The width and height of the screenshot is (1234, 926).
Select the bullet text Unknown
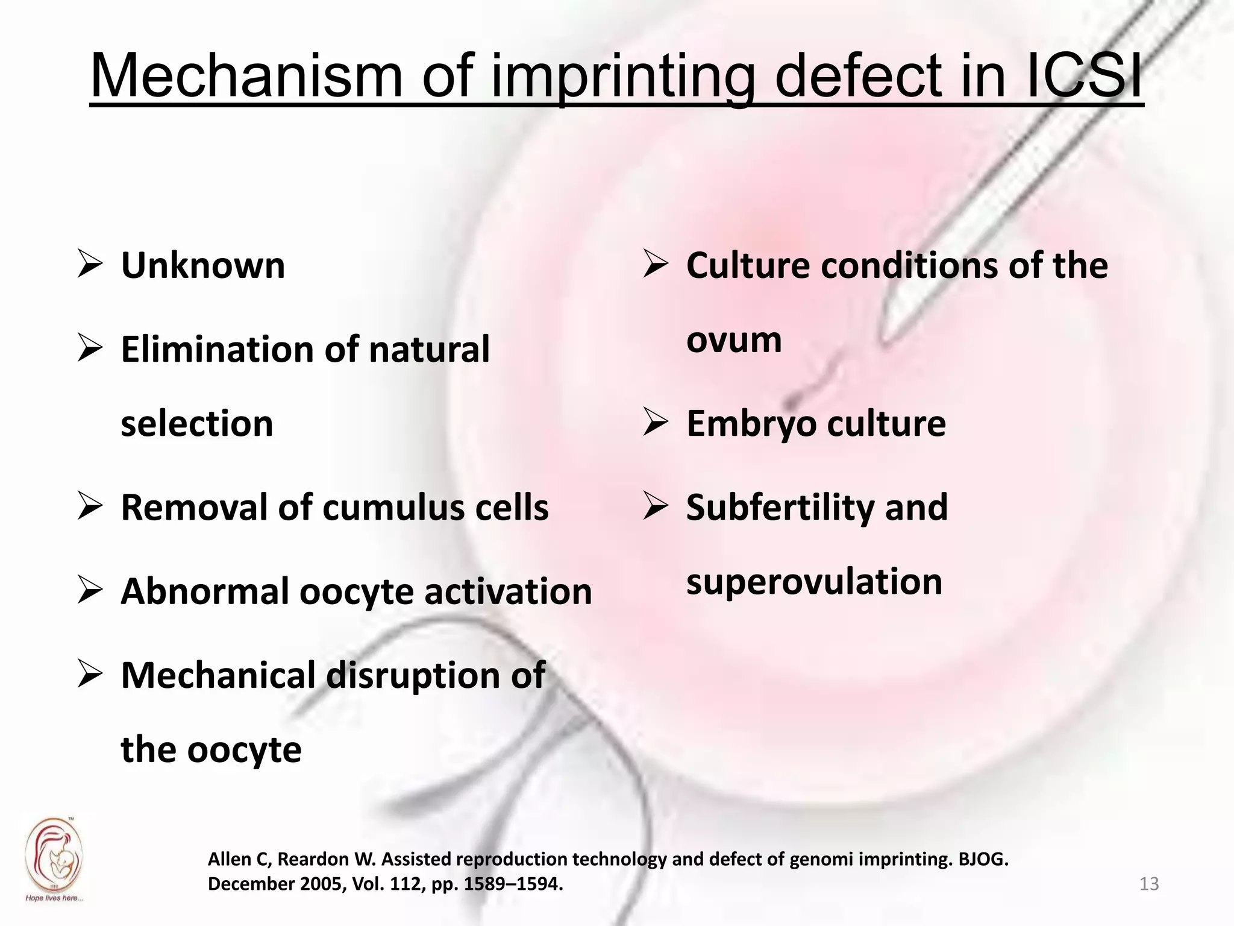click(203, 265)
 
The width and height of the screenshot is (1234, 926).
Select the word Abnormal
click(205, 591)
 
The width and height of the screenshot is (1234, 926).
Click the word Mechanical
click(218, 675)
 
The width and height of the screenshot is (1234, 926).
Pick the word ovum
click(734, 340)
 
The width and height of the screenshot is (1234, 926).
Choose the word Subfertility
click(780, 508)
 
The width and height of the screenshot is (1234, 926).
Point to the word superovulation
click(814, 582)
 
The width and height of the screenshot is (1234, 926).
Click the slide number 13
click(1149, 884)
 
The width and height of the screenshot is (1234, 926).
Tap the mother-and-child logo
click(54, 856)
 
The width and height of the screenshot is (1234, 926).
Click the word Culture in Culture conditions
click(748, 265)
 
